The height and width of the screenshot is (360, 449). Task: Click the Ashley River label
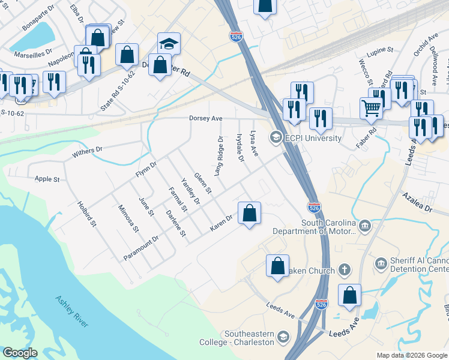(71, 311)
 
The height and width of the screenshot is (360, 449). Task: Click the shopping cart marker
(372, 109)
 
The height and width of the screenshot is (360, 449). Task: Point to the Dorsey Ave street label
(206, 119)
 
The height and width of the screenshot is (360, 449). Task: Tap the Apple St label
(47, 179)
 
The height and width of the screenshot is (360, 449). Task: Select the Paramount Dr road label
(140, 247)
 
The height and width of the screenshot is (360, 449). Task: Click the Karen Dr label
(220, 224)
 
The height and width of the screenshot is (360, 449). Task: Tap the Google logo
(20, 353)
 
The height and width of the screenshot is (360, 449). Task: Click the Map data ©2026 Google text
(412, 355)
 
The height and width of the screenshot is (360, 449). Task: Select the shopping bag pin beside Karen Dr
(249, 213)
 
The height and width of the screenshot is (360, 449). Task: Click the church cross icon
(344, 269)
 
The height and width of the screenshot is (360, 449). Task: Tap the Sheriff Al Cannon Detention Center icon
(380, 263)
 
